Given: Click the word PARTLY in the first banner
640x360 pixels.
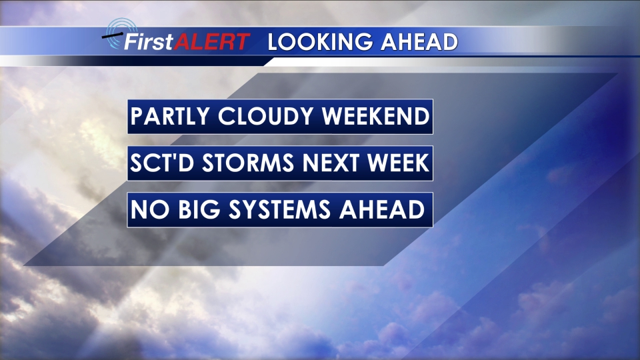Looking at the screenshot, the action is [170, 116].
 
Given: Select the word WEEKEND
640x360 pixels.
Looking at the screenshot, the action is [375, 116].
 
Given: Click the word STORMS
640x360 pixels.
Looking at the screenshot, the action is [248, 163].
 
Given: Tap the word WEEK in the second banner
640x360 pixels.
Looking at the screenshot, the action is [398, 163].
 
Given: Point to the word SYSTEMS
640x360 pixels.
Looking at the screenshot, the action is [279, 209].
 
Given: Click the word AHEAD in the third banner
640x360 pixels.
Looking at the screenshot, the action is [382, 209].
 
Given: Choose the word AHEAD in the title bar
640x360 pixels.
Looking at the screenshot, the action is [419, 42].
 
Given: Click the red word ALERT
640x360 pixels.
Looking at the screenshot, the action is [212, 41].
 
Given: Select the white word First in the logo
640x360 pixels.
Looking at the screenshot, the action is [149, 41].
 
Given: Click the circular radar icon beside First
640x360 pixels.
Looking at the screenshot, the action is [121, 33].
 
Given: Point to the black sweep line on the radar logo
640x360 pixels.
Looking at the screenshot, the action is [112, 36].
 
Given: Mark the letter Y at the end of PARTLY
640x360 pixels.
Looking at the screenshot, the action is [201, 116].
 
